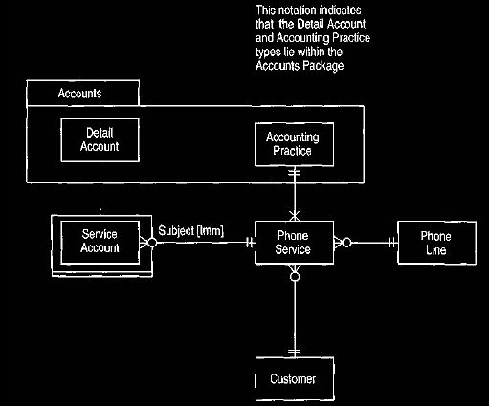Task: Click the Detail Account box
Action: (100, 140)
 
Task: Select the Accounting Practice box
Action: (294, 144)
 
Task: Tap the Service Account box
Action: (100, 243)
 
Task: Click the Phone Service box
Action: (294, 243)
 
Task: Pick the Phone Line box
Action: (436, 243)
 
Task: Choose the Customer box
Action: (295, 379)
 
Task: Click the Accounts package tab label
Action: (79, 94)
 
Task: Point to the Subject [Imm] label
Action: (191, 230)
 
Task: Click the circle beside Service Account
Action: (152, 243)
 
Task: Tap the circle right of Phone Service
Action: (346, 243)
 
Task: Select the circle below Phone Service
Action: (295, 276)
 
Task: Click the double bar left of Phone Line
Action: (392, 243)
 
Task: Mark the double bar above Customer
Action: (295, 352)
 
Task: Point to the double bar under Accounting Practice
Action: (295, 172)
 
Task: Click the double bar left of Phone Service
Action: (250, 243)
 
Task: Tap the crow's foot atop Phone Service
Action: (295, 216)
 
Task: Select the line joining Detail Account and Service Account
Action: (100, 188)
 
